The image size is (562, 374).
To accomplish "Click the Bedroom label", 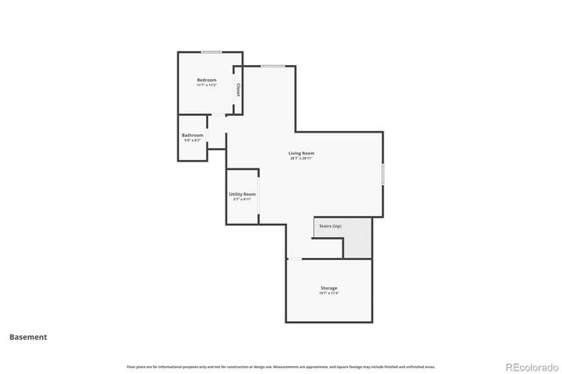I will [206, 80].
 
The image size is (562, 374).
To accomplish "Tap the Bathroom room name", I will [192, 135].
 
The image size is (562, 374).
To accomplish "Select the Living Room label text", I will [301, 154].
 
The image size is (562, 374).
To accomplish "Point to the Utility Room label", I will [242, 194].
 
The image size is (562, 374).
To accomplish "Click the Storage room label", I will [328, 288].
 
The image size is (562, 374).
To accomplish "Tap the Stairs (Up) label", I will [330, 226].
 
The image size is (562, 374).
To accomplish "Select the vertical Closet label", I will [238, 88].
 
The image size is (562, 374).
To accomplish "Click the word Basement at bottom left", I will [28, 336].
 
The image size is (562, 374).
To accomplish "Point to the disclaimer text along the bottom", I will [281, 366].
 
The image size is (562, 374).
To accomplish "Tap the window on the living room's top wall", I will [272, 66].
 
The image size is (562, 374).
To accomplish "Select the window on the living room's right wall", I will [384, 173].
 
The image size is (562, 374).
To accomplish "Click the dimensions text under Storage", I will [328, 293].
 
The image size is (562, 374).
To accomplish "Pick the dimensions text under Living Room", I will [301, 159].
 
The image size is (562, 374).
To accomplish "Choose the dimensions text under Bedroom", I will [206, 85].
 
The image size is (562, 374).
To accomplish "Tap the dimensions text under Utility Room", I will [242, 199].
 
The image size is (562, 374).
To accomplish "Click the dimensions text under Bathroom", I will [192, 140].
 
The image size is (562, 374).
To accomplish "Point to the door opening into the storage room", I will [296, 258].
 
